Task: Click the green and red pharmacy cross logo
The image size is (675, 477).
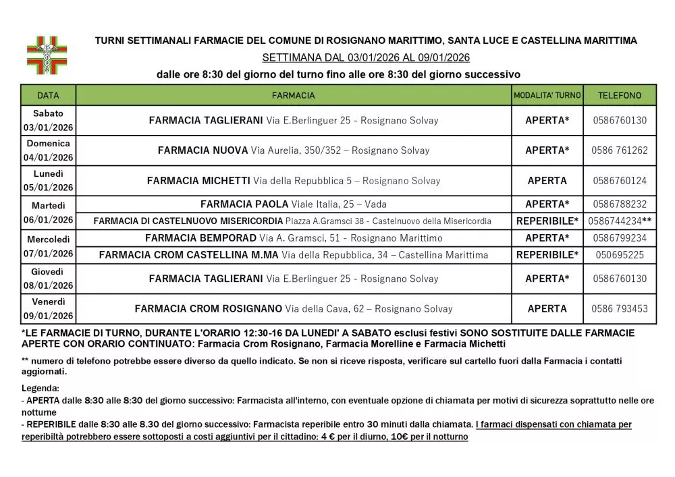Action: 47,55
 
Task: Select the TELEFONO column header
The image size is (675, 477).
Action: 620,96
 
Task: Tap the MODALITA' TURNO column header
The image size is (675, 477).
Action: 547,96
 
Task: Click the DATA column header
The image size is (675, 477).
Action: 48,96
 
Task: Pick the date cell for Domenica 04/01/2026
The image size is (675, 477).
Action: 48,150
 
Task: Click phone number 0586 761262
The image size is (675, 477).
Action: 620,150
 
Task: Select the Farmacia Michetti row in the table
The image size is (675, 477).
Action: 294,181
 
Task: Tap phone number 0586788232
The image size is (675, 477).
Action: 620,204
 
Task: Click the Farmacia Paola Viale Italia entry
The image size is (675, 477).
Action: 294,204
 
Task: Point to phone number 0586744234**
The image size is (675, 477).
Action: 620,221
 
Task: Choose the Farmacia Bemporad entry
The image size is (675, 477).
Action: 294,237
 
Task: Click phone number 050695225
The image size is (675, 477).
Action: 620,254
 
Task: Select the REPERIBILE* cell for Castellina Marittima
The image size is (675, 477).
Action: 547,254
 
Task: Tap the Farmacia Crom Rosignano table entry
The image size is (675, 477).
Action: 294,308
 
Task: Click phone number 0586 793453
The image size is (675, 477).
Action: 620,308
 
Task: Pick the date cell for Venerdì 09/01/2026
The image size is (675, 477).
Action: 48,308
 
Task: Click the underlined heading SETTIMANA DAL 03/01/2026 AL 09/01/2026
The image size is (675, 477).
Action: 366,57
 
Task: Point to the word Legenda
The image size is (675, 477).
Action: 40,388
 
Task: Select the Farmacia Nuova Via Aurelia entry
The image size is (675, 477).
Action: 294,150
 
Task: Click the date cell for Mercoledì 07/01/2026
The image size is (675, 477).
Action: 48,246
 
